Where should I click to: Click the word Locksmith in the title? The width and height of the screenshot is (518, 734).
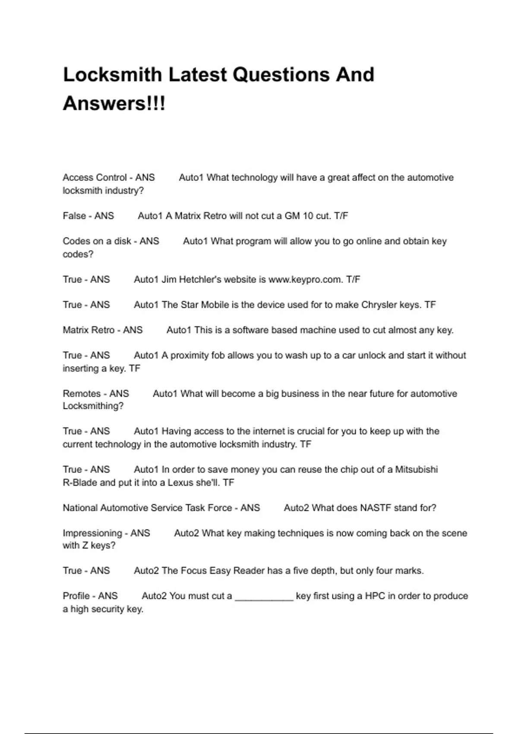[x=112, y=75]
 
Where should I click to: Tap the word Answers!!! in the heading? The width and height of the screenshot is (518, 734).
[x=114, y=104]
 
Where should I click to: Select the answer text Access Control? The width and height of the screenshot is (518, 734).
[x=95, y=177]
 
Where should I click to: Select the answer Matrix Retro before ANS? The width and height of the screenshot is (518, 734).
[x=88, y=330]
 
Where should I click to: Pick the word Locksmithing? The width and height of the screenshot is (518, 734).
[x=93, y=406]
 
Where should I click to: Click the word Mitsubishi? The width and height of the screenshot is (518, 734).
[x=417, y=469]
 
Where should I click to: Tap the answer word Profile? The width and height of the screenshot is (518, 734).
[x=76, y=596]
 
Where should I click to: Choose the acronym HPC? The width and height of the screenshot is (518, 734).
[x=375, y=596]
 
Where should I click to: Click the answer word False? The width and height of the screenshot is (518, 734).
[x=74, y=216]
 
